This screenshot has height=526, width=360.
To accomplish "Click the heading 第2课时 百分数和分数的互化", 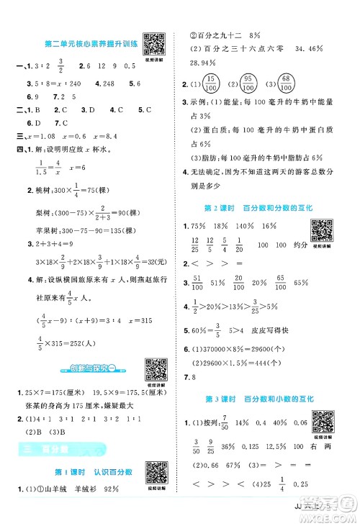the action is tap(265, 208).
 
